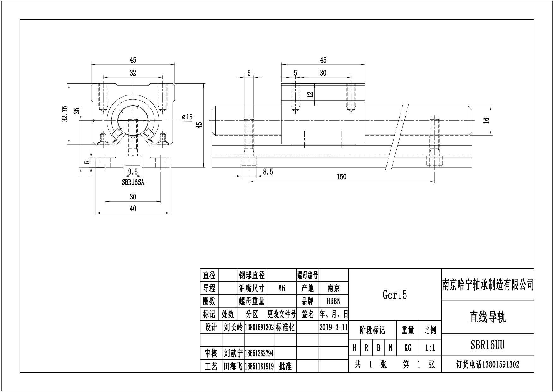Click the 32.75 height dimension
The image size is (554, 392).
tap(65, 113)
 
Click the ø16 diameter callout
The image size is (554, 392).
tap(187, 117)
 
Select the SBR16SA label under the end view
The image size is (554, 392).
tap(133, 182)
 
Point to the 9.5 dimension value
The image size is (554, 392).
tap(133, 172)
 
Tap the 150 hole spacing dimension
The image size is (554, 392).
tap(341, 177)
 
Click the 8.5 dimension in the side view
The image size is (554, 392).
tap(268, 172)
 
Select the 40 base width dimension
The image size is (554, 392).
tap(133, 209)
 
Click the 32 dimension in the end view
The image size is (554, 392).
tap(133, 73)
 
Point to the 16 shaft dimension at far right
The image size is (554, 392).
tap(486, 120)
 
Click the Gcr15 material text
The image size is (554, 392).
tap(395, 295)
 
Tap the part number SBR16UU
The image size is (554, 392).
tap(487, 345)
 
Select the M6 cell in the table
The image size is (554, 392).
tap(281, 288)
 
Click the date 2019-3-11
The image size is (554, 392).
tap(334, 327)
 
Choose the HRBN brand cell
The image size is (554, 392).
tap(334, 301)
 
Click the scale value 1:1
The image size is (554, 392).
tap(430, 348)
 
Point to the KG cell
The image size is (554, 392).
tap(407, 348)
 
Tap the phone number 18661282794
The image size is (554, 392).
tap(259, 353)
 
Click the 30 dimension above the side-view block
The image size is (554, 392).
tap(323, 73)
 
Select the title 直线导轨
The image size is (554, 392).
tap(487, 317)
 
